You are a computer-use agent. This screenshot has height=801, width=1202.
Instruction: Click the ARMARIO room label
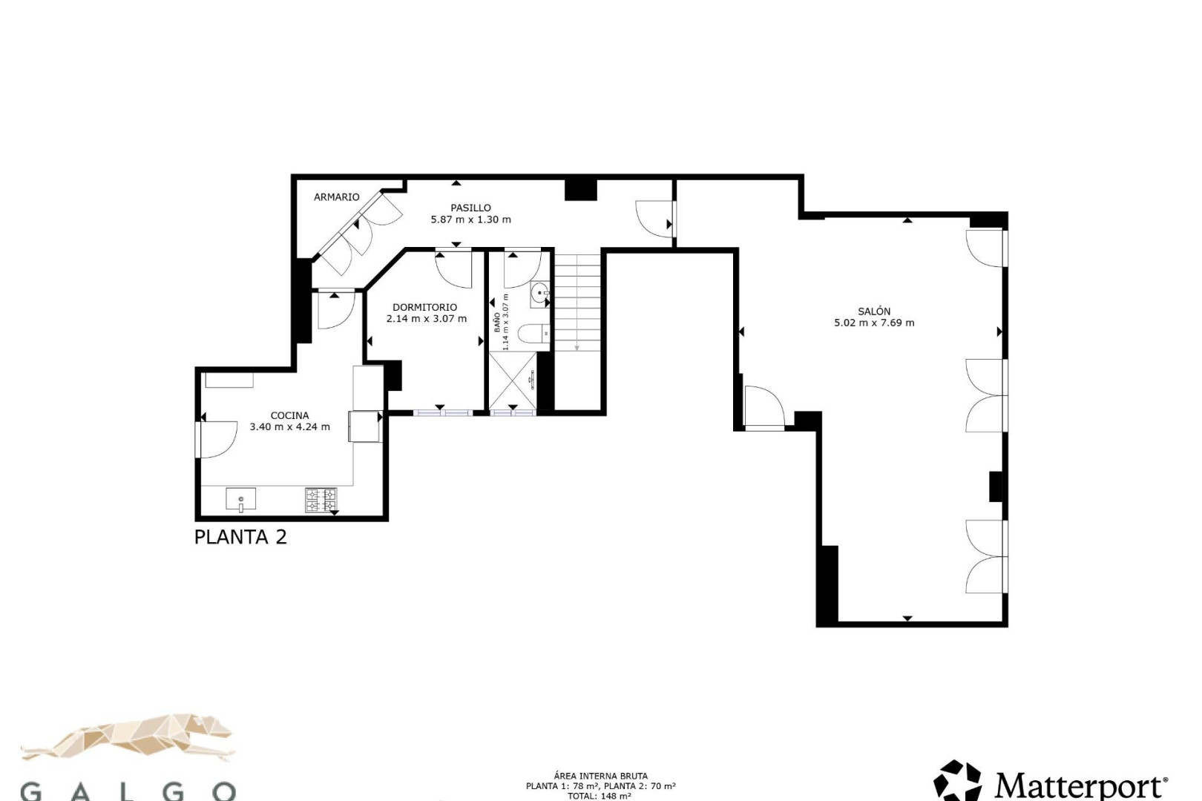336,197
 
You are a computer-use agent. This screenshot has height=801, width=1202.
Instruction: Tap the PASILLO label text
470,208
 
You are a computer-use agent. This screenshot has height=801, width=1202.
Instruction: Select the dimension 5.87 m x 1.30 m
470,220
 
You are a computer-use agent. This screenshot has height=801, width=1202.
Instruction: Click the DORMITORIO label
425,307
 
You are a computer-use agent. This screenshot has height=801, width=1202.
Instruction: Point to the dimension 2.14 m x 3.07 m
427,319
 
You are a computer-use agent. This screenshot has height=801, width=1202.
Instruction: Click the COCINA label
290,415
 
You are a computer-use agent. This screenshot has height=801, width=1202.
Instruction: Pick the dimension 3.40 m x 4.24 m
290,427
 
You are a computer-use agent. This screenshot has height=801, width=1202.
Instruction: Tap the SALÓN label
874,311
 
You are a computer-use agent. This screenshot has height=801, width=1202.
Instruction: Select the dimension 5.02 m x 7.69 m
874,323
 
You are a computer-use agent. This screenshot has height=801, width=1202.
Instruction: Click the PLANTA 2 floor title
240,537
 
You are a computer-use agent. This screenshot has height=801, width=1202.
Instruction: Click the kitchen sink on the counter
241,499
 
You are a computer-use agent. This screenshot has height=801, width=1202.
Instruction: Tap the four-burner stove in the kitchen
321,500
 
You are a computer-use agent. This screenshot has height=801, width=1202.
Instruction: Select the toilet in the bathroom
533,333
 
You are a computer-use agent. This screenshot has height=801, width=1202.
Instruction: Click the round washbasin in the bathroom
539,294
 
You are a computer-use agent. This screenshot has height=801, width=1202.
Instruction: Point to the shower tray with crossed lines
513,380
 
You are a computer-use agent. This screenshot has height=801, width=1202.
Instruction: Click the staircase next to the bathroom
577,303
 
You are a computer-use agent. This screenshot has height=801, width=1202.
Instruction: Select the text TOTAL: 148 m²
600,796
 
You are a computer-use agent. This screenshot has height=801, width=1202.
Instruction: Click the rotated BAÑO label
497,323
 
